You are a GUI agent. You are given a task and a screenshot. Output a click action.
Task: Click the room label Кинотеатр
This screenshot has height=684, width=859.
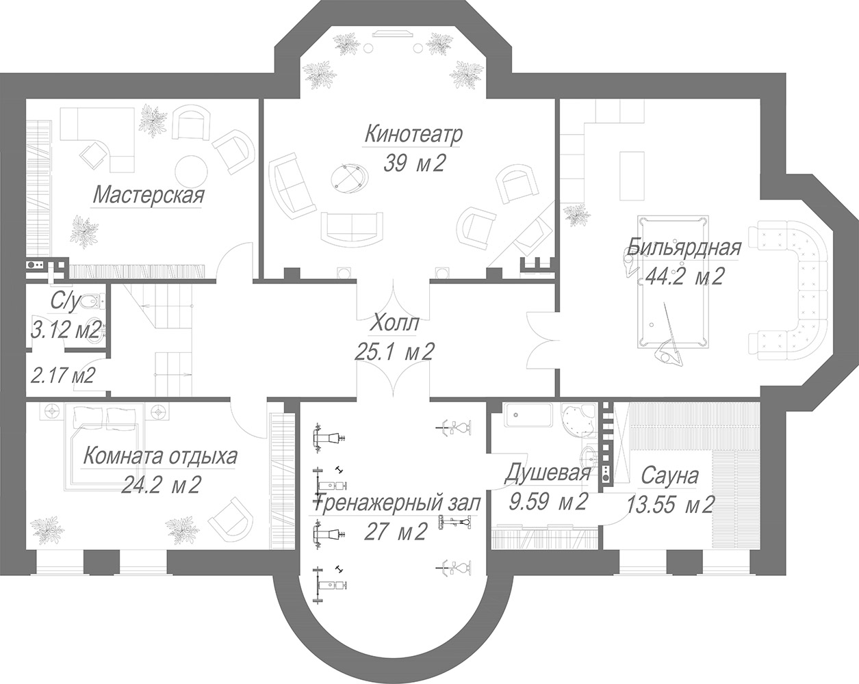pos(413,135)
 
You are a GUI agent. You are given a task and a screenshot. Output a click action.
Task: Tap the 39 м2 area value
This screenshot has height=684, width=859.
pos(414,163)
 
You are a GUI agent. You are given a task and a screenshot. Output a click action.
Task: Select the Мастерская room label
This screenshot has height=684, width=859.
pos(149,196)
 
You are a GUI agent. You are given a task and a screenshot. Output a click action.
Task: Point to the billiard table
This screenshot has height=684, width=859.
pos(673,282)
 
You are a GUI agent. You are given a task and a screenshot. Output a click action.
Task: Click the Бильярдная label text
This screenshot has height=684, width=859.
pos(683,248)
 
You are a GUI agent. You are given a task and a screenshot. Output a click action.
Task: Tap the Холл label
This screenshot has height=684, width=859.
pos(394,323)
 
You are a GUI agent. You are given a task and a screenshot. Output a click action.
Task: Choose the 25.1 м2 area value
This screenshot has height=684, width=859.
pos(394,352)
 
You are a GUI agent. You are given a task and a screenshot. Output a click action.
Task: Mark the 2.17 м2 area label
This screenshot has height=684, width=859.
pos(63,376)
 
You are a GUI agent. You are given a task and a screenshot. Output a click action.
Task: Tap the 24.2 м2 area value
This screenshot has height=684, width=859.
pos(160,485)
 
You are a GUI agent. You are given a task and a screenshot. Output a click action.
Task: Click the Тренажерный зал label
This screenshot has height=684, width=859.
pos(398,503)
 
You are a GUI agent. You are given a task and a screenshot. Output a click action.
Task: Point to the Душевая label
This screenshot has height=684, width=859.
pos(548,473)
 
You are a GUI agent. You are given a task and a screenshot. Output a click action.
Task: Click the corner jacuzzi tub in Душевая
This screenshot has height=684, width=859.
pos(578,421)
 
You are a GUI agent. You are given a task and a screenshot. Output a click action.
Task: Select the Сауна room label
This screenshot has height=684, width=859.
pos(670,476)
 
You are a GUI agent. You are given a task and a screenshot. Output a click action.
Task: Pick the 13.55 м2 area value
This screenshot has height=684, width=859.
pos(670,505)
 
